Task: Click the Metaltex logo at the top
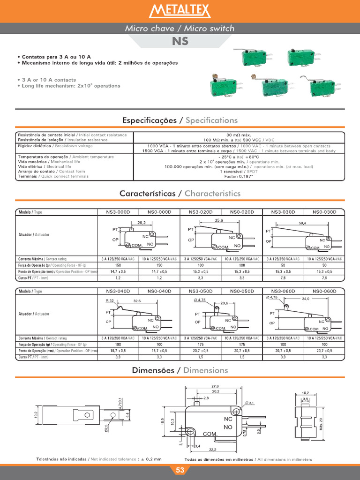point(180,11)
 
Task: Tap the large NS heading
point(180,41)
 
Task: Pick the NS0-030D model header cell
point(324,212)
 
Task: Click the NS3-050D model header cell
point(201,291)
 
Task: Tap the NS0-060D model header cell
point(324,291)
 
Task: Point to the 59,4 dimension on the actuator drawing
point(302,223)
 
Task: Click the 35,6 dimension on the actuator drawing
point(219,220)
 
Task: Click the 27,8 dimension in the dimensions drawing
point(215,386)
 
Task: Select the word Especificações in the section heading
point(149,120)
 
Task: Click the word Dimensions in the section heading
point(206,370)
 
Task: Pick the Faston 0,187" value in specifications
point(239,177)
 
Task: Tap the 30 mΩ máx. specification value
point(239,135)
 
